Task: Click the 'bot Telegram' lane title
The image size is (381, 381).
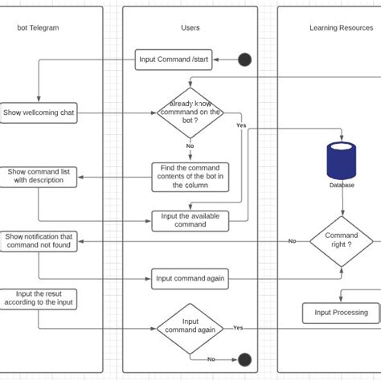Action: click(x=38, y=28)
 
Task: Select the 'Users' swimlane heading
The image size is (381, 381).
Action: click(x=190, y=28)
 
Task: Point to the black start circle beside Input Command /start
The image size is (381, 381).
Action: click(x=244, y=59)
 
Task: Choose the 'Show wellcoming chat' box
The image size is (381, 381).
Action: click(x=38, y=113)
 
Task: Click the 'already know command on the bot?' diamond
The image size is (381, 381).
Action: click(x=190, y=113)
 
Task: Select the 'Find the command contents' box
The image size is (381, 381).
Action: click(x=190, y=177)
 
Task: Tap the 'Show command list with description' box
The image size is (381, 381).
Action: click(x=39, y=177)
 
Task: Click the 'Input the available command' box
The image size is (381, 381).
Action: click(x=190, y=220)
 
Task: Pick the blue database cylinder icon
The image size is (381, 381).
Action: click(x=341, y=159)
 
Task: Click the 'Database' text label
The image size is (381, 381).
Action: click(x=341, y=185)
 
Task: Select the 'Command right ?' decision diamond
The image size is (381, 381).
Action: click(x=341, y=241)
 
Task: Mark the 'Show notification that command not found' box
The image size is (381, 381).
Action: click(x=39, y=241)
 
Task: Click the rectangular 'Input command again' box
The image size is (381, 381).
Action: click(x=190, y=279)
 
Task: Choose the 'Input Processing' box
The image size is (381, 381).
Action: click(x=341, y=313)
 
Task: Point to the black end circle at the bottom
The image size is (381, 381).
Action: click(x=244, y=359)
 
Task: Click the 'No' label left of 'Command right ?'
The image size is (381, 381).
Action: click(x=292, y=241)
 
